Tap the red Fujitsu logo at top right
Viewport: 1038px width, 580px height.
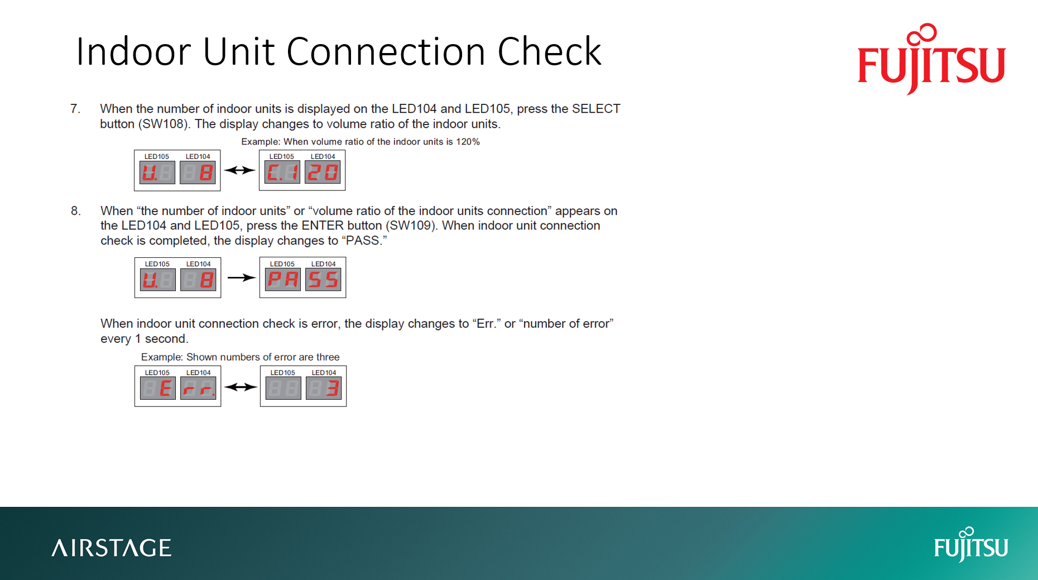tap(931, 59)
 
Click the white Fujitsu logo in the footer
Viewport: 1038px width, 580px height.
tap(970, 545)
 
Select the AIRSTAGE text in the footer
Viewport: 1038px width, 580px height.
tap(112, 548)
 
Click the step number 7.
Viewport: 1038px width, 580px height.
tap(75, 109)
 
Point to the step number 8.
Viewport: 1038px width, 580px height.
tap(75, 211)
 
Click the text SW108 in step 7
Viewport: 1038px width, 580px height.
tap(164, 124)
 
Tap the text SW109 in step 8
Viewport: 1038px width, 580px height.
tap(410, 226)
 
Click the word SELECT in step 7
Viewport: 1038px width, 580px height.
tap(596, 109)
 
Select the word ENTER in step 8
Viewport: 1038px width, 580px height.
tap(322, 226)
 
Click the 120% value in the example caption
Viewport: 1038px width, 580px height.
tap(468, 142)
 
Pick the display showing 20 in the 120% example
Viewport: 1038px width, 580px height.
tap(323, 172)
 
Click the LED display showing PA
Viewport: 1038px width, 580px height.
tap(283, 280)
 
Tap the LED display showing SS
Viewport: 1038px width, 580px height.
tap(323, 280)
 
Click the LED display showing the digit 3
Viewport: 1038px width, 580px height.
tap(324, 388)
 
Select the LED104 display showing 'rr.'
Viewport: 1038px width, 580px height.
tap(198, 388)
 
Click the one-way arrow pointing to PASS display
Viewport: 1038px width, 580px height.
tap(241, 277)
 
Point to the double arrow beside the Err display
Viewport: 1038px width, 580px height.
tap(241, 387)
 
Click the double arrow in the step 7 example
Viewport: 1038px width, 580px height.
tap(239, 170)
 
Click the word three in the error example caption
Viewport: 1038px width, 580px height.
tap(328, 357)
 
